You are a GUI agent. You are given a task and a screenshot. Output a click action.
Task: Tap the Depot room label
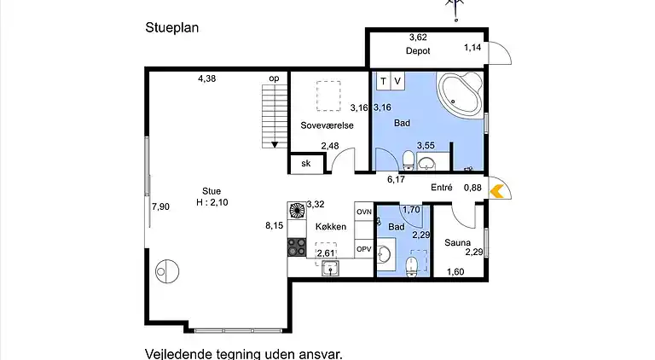417,50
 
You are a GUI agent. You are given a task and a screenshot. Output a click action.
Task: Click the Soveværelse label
327,125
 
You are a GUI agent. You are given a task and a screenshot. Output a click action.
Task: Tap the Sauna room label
458,242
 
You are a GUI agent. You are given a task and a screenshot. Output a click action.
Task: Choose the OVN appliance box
364,212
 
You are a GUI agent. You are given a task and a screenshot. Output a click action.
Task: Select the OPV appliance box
364,249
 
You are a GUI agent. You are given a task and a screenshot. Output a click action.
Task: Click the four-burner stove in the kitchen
297,247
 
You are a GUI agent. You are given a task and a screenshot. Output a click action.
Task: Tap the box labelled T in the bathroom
384,81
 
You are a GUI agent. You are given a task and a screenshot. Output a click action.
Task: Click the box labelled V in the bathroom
397,81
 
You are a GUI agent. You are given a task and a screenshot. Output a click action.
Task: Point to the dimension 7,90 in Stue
160,206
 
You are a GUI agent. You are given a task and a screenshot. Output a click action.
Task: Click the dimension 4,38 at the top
207,78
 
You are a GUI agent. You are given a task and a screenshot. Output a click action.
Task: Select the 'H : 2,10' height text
212,202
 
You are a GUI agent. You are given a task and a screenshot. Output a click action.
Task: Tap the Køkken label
330,227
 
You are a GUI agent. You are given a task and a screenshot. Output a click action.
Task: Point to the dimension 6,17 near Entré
395,179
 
